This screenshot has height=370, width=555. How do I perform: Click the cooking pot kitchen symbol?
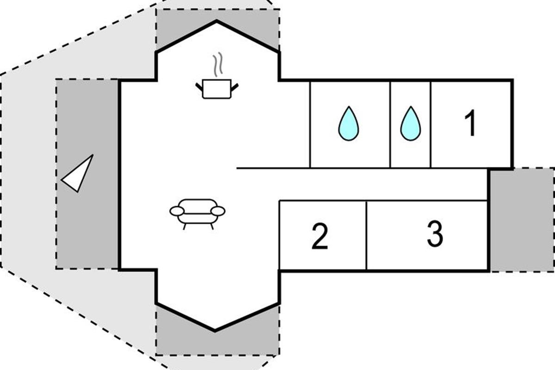tap(216, 88)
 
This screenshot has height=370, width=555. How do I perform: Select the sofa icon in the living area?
tap(197, 213)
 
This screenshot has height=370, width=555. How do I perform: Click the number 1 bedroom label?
tap(470, 124)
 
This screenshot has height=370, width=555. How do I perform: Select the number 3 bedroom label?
tap(434, 234)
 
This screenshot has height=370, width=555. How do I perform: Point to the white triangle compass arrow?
tap(78, 173)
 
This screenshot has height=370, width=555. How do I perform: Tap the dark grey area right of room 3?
tap(521, 220)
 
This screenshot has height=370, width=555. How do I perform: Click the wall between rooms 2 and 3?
tap(366, 235)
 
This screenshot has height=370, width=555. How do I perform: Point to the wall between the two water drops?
tap(390, 124)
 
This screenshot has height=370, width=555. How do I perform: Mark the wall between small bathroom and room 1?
tap(431, 124)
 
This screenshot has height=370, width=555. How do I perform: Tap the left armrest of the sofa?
tap(177, 211)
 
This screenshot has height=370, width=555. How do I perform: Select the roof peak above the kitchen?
tap(216, 21)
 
